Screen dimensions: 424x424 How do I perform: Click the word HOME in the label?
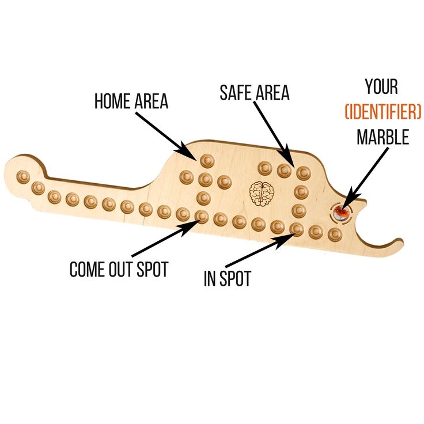[x=112, y=101]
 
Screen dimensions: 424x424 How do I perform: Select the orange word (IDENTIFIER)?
[x=383, y=112]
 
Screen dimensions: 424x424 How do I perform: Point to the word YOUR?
[x=381, y=87]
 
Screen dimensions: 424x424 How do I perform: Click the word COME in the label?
[x=87, y=269]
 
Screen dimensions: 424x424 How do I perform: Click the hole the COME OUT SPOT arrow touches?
[x=202, y=217]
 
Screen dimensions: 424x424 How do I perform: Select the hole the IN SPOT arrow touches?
[x=296, y=229]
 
